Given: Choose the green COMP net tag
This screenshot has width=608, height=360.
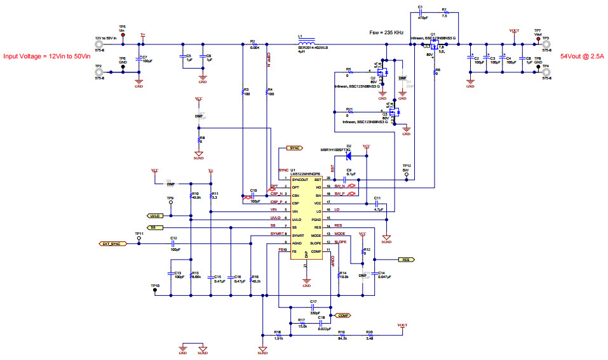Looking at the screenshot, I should [x=342, y=315].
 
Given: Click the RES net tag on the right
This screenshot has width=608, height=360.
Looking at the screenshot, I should [x=405, y=260].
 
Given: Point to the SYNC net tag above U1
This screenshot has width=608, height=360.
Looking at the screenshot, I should [x=294, y=148].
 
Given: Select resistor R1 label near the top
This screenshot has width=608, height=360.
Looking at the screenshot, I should [x=445, y=10].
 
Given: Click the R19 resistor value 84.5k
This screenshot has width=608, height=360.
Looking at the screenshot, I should [x=342, y=339].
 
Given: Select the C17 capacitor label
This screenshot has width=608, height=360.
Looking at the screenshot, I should [x=313, y=302].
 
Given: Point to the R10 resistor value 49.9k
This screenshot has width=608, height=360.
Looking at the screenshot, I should [x=196, y=197].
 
